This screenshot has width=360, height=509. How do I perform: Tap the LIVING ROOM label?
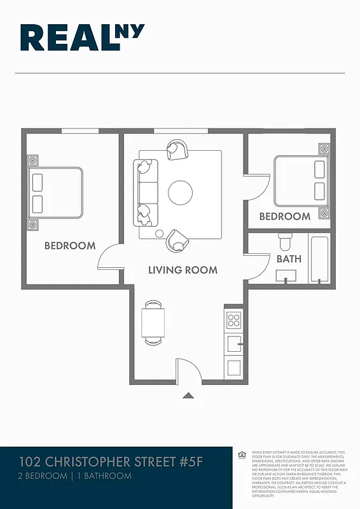tap(183, 270)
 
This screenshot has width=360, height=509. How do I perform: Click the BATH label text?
tap(289, 259)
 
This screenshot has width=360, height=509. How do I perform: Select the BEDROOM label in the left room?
tap(70, 246)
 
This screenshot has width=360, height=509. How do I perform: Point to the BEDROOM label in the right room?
tap(284, 216)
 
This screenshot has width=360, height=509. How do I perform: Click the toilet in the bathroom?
tap(285, 241)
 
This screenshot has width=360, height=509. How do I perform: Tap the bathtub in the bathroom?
tap(318, 259)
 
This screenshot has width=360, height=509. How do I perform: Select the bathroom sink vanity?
tap(286, 275)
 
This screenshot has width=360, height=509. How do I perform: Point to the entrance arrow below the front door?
tap(188, 396)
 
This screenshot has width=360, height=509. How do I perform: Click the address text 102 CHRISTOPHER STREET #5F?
tap(110, 461)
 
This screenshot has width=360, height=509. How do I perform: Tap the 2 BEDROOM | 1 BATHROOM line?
tap(75, 476)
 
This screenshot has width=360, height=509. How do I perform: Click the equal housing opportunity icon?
tap(242, 454)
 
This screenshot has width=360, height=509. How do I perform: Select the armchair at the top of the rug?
tap(177, 150)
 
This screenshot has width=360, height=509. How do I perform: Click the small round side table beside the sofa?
tap(159, 234)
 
